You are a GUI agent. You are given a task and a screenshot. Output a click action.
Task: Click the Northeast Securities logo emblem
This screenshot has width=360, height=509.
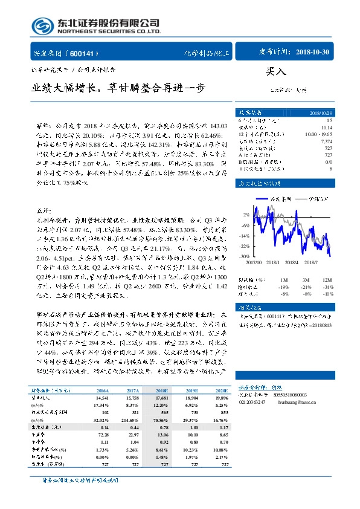42,25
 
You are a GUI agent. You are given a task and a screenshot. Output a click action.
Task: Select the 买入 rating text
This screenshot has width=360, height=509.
275,71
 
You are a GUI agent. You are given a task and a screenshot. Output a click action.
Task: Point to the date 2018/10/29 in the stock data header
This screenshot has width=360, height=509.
320,113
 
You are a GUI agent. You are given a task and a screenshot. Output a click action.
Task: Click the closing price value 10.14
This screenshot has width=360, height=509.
327,128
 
